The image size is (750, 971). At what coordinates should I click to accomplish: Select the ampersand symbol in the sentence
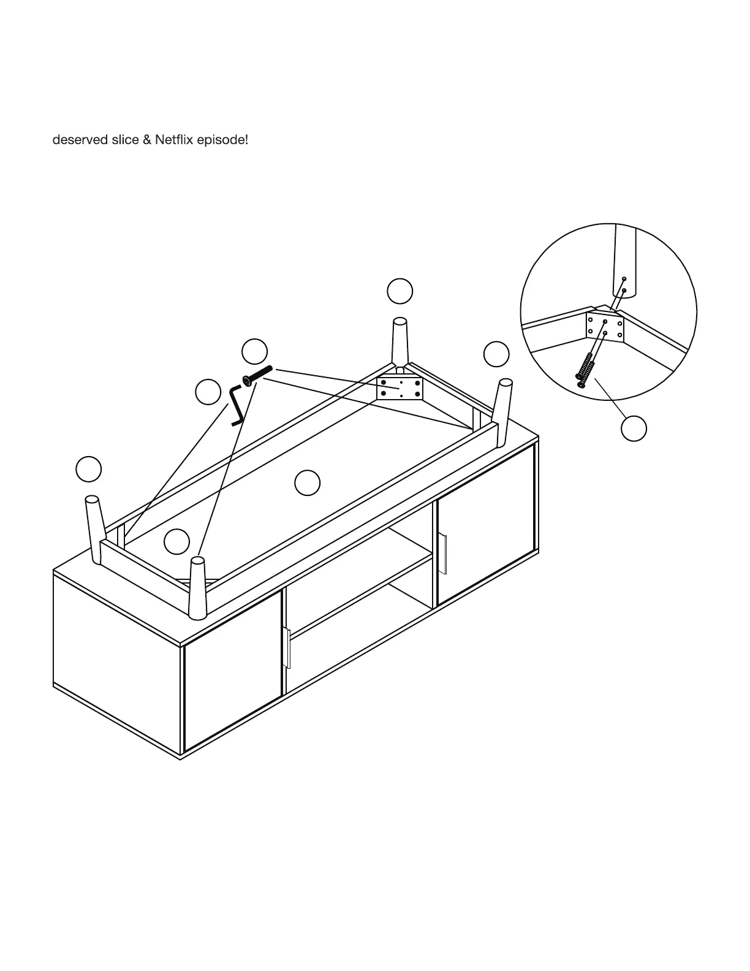pyautogui.click(x=146, y=140)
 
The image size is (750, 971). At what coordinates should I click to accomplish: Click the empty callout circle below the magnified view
pyautogui.click(x=634, y=428)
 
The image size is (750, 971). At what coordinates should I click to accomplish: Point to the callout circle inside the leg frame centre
pyautogui.click(x=307, y=483)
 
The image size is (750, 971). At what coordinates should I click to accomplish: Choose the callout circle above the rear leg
pyautogui.click(x=400, y=291)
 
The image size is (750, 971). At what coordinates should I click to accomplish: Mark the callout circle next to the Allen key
pyautogui.click(x=208, y=392)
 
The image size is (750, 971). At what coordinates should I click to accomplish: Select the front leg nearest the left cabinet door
pyautogui.click(x=197, y=588)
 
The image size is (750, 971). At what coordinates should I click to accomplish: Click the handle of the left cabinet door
pyautogui.click(x=287, y=647)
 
